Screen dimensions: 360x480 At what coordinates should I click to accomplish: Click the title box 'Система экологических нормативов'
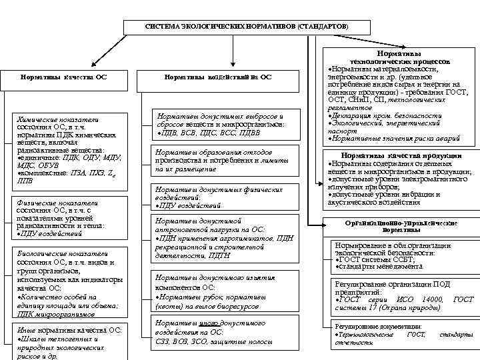(246, 26)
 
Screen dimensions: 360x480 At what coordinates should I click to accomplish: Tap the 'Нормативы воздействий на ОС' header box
(217, 77)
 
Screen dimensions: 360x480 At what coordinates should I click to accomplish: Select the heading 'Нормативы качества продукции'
(398, 155)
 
